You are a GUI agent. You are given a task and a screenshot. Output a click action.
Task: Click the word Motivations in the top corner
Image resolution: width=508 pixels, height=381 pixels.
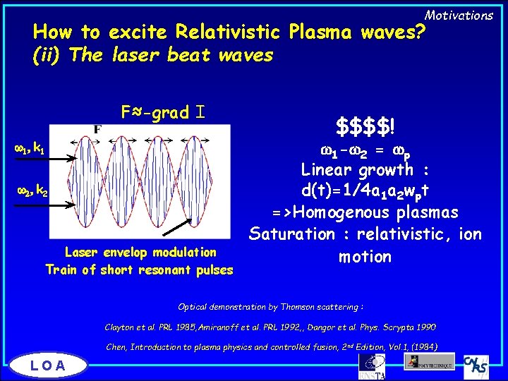pyautogui.click(x=459, y=15)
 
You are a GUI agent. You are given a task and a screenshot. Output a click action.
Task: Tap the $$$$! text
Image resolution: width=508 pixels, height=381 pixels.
pyautogui.click(x=365, y=128)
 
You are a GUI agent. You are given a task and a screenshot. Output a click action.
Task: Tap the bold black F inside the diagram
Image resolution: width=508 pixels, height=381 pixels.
pyautogui.click(x=98, y=130)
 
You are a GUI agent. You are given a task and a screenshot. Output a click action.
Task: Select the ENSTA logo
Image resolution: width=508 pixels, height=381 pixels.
pyautogui.click(x=371, y=365)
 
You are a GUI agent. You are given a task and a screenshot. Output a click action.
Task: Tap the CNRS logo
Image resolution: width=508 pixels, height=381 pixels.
pyautogui.click(x=478, y=364)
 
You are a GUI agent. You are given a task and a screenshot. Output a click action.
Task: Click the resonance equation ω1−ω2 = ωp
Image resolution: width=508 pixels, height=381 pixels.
pyautogui.click(x=365, y=149)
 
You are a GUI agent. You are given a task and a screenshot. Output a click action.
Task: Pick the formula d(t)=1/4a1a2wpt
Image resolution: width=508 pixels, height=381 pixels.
pyautogui.click(x=365, y=191)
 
